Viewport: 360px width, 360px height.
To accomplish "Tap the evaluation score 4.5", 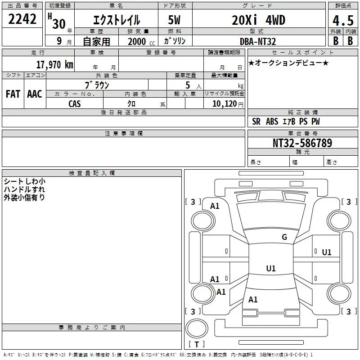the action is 342,21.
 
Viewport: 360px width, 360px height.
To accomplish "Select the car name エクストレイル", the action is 116,20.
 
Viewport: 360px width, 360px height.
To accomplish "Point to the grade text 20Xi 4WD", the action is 258,20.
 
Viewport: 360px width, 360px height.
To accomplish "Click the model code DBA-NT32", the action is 259,41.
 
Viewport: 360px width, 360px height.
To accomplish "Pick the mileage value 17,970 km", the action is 54,65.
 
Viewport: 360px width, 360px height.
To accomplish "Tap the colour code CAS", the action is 75,103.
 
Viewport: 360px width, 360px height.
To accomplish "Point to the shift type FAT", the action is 13,94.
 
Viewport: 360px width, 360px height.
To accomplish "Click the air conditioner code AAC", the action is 34,94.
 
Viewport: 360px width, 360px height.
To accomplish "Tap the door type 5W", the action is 175,20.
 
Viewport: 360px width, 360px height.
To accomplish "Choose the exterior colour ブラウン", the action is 97,85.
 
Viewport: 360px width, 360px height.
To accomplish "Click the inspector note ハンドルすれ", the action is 24,189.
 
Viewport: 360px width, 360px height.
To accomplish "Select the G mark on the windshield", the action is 284,237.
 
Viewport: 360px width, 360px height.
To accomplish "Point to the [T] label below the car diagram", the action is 197,344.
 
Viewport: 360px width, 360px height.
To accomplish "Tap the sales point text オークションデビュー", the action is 288,63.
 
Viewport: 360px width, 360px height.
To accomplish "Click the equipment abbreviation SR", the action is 256,121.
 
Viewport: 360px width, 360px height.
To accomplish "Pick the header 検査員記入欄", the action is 92,173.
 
